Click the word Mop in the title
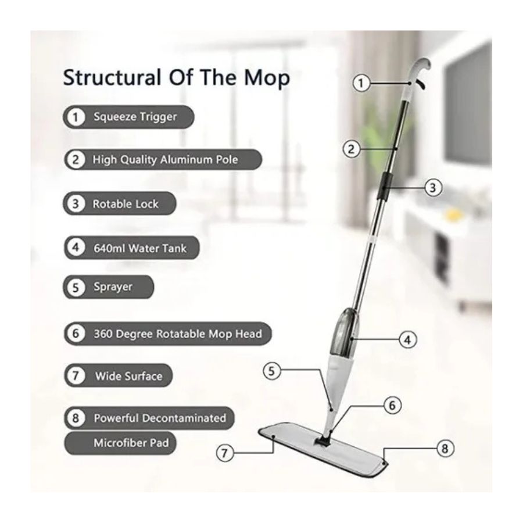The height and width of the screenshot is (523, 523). click(267, 78)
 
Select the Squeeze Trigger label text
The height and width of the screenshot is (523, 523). click(135, 117)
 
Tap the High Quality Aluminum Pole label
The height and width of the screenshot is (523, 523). click(166, 159)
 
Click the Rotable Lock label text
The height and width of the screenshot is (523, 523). click(126, 204)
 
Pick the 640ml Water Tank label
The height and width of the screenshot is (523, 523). click(140, 249)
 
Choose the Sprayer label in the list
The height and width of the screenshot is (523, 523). click(113, 287)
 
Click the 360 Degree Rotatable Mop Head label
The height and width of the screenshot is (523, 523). click(178, 334)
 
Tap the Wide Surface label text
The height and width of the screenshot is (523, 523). click(129, 376)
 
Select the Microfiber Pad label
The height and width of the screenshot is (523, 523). click(131, 443)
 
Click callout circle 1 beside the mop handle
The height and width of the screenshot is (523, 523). click(361, 83)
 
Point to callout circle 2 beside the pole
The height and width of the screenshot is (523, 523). click(351, 149)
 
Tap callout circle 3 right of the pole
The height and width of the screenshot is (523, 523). click(433, 188)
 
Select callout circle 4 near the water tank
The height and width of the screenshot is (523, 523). click(407, 340)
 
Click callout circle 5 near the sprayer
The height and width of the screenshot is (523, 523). click(271, 371)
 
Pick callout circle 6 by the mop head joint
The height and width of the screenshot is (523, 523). click(392, 405)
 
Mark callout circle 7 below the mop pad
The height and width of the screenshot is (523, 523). click(224, 453)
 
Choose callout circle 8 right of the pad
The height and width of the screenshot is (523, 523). click(445, 448)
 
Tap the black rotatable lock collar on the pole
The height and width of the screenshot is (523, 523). click(385, 186)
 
